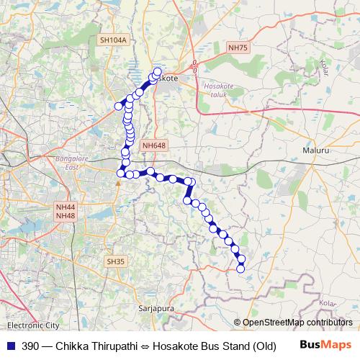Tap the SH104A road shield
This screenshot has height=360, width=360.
[113, 41]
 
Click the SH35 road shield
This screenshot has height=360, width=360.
[115, 261]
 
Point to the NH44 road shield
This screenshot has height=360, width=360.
[65, 207]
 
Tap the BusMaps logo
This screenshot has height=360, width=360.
[325, 346]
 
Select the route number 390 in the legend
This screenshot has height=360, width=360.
[30, 346]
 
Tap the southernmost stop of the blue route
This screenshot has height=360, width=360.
[240, 269]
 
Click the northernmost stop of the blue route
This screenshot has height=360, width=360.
[158, 71]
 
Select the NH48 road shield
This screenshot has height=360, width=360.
[65, 216]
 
